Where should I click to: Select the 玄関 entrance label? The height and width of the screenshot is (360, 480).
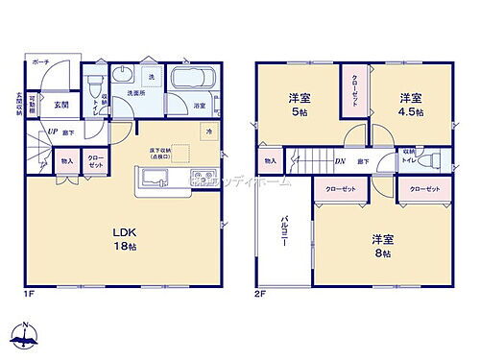tap(60, 105)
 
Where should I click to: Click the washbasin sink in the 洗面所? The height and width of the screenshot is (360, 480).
tap(122, 77)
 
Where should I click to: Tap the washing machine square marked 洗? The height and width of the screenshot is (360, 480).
tap(151, 76)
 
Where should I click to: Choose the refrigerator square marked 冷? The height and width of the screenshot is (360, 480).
tap(207, 130)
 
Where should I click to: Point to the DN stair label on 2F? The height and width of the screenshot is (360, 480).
tap(340, 160)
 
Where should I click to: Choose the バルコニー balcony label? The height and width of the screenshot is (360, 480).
tap(287, 231)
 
